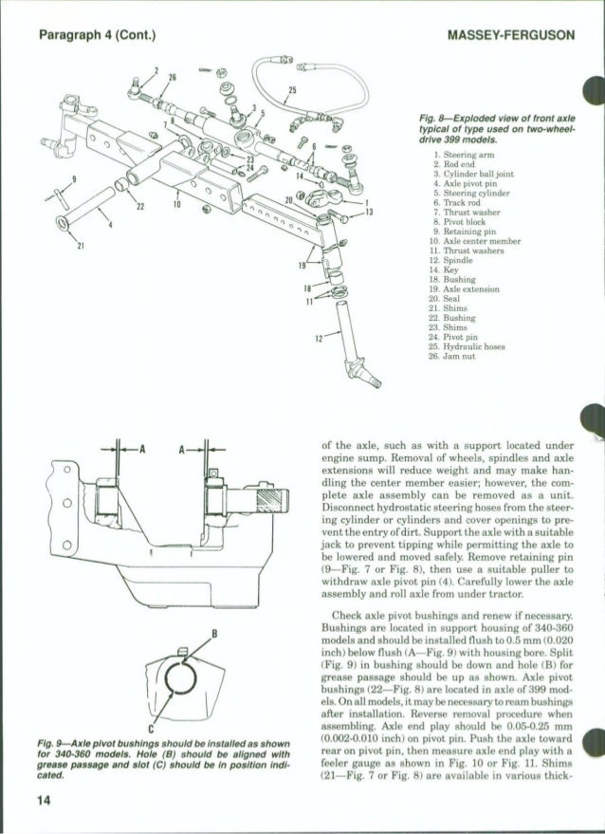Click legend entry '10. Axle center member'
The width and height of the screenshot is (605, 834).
coord(473,239)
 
